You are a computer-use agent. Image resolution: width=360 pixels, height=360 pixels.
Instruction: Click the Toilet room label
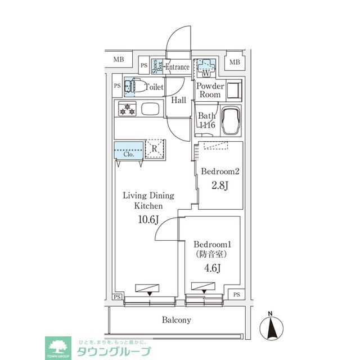click(x=155, y=88)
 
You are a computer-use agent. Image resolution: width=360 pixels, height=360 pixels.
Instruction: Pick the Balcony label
click(x=177, y=320)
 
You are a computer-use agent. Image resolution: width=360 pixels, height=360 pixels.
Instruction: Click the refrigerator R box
click(x=155, y=149)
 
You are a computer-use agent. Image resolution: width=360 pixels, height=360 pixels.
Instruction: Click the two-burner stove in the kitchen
click(x=127, y=109)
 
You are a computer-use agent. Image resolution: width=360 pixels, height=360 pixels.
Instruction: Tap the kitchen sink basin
click(x=151, y=109)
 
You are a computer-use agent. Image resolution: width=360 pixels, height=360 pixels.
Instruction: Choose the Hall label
click(x=178, y=100)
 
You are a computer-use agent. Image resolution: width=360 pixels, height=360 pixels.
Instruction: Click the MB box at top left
click(x=119, y=59)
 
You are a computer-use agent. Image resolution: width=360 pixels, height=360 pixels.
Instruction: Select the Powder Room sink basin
click(x=233, y=89)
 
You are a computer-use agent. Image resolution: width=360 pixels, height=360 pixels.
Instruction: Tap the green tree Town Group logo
click(x=58, y=346)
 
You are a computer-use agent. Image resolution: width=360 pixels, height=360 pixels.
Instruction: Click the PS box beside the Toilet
click(x=117, y=86)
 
